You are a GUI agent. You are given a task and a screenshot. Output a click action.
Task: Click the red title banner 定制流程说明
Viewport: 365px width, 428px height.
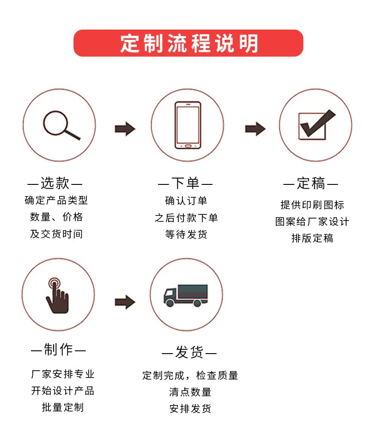pos(188,43)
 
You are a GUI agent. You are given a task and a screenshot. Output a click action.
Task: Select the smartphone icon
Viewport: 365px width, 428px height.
pos(188,125)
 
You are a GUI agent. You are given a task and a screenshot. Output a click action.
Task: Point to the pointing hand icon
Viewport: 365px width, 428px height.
pos(57,296)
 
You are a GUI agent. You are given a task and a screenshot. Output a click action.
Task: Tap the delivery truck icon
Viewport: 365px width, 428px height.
pos(186,296)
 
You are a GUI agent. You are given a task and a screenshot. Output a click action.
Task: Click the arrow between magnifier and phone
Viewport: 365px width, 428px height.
pos(125,129)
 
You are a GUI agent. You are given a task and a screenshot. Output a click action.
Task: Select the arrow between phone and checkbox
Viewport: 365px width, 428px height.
pos(255,129)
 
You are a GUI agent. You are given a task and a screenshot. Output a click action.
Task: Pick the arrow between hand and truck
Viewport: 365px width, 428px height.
pos(125,302)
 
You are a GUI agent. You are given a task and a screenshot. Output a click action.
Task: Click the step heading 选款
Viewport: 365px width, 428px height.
pos(55,183)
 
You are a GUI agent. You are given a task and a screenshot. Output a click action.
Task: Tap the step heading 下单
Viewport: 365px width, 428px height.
pos(185,183)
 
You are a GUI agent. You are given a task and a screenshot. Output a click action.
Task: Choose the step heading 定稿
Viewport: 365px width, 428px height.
pos(311,183)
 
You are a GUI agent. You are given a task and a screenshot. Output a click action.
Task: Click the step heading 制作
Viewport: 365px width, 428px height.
pos(58,350)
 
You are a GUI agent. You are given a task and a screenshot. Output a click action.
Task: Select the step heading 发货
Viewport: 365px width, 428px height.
pos(189,352)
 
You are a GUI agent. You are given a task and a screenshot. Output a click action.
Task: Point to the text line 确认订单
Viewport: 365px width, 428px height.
pos(186,201)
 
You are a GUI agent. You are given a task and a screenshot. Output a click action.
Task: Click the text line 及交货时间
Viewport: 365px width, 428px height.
pos(56,234)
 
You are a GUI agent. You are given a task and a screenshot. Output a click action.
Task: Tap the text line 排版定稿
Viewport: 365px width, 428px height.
pos(312,238)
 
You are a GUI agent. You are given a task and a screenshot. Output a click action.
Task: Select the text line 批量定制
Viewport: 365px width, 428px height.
pos(63,407)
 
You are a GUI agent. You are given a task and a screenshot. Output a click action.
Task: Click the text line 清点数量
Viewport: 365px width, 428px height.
pos(190,392)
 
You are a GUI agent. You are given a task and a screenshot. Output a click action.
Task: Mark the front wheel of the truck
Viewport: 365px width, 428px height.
pos(170,303)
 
